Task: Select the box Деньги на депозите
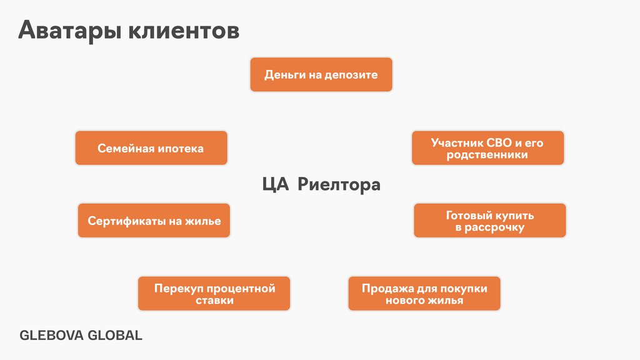(321, 75)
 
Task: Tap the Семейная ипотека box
(151, 148)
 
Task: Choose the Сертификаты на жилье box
(154, 221)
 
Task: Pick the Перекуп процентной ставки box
(214, 294)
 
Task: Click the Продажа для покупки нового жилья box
(424, 294)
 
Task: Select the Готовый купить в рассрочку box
(490, 221)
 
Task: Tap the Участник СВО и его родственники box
(487, 148)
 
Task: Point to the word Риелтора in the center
(338, 185)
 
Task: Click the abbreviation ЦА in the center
(274, 185)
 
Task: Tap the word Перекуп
(177, 288)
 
